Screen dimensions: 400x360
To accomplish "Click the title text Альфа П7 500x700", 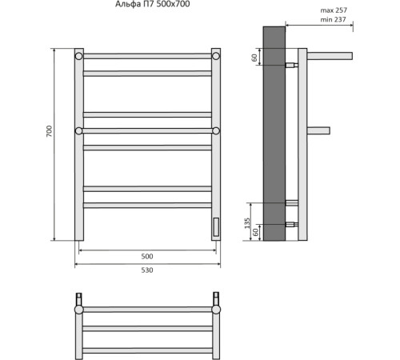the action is pyautogui.click(x=152, y=4).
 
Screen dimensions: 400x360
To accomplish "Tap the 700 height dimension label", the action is pyautogui.click(x=50, y=131).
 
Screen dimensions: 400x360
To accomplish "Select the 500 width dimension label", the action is pyautogui.click(x=147, y=256).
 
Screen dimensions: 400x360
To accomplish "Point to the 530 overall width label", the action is pyautogui.click(x=147, y=270).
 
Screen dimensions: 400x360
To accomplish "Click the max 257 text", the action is pyautogui.click(x=334, y=10).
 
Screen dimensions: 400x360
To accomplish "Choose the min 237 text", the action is pyautogui.click(x=333, y=19).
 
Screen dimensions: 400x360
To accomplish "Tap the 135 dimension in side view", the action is pyautogui.click(x=247, y=223).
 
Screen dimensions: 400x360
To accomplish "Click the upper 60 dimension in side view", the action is pyautogui.click(x=254, y=58).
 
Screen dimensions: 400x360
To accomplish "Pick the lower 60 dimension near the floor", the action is pyautogui.click(x=255, y=232).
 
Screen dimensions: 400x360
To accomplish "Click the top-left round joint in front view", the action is pyautogui.click(x=78, y=56).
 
